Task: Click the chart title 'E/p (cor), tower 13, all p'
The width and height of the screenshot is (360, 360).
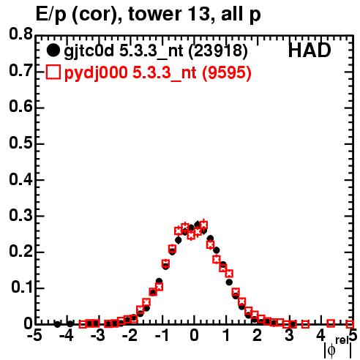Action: pyautogui.click(x=148, y=15)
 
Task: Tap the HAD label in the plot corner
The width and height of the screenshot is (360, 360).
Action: pyautogui.click(x=310, y=50)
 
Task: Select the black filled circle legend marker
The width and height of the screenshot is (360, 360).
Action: pyautogui.click(x=53, y=50)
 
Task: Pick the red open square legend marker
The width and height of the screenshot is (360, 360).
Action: pyautogui.click(x=53, y=72)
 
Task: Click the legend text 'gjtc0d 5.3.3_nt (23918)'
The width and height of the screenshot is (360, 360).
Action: pyautogui.click(x=156, y=51)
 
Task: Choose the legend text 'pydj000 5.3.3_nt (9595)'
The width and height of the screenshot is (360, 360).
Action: pyautogui.click(x=157, y=72)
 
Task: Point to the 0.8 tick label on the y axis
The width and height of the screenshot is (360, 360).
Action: pyautogui.click(x=20, y=34)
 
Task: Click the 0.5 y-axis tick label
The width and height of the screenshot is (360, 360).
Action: pyautogui.click(x=20, y=143)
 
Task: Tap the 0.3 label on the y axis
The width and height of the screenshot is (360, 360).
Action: pyautogui.click(x=20, y=215)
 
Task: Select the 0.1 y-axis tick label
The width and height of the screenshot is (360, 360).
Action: pyautogui.click(x=22, y=288)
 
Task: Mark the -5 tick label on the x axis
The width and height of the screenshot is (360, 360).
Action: pyautogui.click(x=34, y=336)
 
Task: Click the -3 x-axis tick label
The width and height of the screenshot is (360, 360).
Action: pyautogui.click(x=98, y=336)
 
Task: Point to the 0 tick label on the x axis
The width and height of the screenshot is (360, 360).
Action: pyautogui.click(x=194, y=336)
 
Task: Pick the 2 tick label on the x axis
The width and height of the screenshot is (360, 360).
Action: pyautogui.click(x=257, y=336)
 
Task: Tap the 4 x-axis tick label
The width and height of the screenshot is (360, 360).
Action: pyautogui.click(x=320, y=336)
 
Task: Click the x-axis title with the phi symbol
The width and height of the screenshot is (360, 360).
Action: pyautogui.click(x=338, y=348)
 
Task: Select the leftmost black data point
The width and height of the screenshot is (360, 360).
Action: pyautogui.click(x=57, y=324)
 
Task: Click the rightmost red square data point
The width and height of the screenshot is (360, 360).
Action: pyautogui.click(x=350, y=324)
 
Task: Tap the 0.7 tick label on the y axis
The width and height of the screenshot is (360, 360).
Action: pyautogui.click(x=20, y=71)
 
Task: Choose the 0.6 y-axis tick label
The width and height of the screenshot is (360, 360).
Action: pyautogui.click(x=20, y=107)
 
